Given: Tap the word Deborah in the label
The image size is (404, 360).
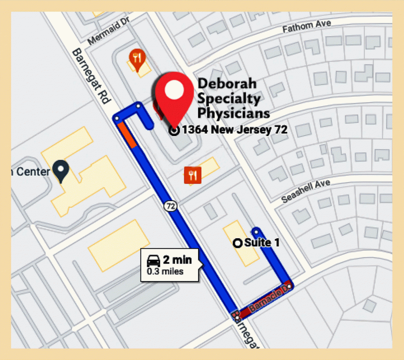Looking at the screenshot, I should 227,84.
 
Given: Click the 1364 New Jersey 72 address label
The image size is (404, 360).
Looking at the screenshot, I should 234,129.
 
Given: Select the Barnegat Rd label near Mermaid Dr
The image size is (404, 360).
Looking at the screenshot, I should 90,76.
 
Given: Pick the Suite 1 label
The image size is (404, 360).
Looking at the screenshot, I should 262,242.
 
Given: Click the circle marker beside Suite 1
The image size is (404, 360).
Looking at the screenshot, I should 238,243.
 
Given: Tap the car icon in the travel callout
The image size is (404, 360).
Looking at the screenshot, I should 153,261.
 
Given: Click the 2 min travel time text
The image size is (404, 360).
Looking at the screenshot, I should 177,260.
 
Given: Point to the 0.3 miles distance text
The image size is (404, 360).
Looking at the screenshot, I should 165,271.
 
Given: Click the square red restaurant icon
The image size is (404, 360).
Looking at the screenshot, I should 193,175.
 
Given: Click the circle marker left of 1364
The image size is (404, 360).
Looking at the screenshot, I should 174,130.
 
